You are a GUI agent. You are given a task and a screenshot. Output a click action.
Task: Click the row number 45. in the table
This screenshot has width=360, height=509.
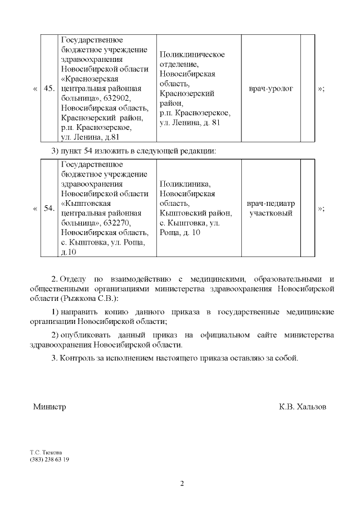49,89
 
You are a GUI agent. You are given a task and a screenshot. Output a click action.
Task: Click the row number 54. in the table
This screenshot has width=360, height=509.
49,209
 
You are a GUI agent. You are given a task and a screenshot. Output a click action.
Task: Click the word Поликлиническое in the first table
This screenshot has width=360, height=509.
192,54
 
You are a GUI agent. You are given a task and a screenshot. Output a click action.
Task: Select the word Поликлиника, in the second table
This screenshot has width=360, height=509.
185,184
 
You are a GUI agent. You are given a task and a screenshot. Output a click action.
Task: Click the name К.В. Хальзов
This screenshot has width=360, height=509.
302,407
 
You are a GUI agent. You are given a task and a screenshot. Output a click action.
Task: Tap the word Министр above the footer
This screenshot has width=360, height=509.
49,407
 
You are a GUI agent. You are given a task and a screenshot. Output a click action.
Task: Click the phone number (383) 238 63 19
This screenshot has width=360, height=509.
49,459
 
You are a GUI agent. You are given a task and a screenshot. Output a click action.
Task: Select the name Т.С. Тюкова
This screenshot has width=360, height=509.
46,452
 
